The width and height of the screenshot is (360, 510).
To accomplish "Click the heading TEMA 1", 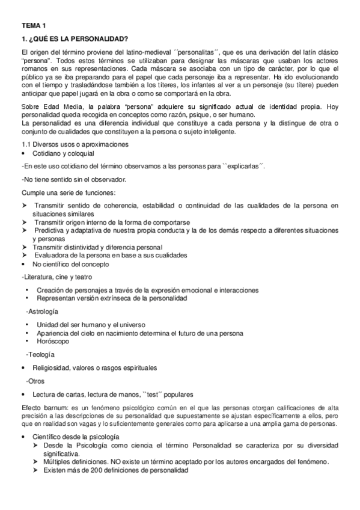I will point(33,26).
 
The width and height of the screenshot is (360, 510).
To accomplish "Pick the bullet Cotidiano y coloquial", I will point(64,155).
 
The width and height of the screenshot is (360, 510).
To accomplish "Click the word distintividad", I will point(85,247).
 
